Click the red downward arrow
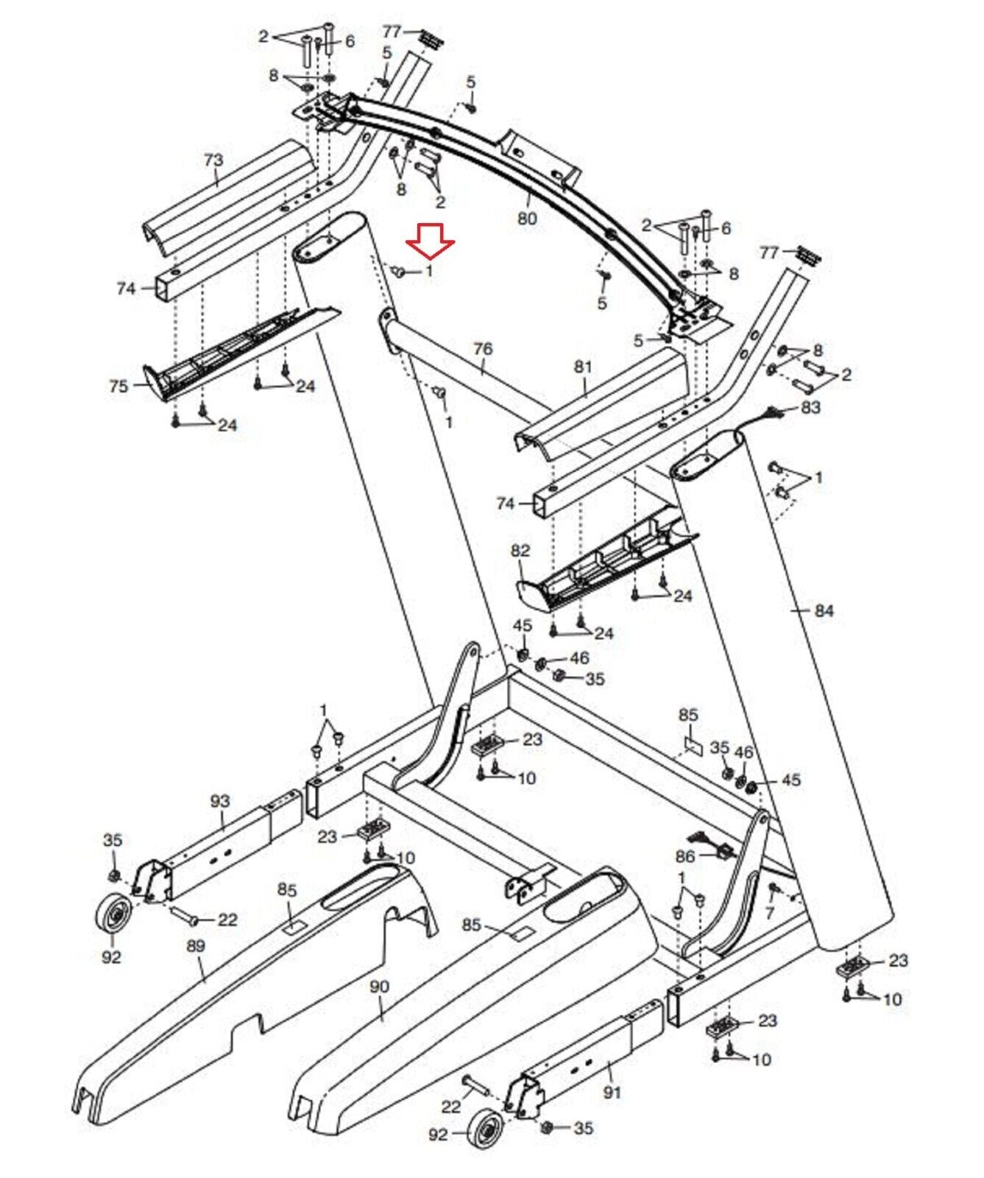point(431,241)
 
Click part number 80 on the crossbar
point(528,219)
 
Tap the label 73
point(213,160)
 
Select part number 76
point(483,348)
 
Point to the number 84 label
point(824,610)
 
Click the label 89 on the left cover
point(196,946)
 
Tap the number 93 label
point(220,801)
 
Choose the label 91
point(612,1093)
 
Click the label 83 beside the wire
point(810,407)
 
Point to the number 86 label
point(685,856)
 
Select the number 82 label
point(520,551)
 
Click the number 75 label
point(118,386)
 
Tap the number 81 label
point(583,367)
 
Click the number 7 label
point(770,913)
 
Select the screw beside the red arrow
point(398,272)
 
